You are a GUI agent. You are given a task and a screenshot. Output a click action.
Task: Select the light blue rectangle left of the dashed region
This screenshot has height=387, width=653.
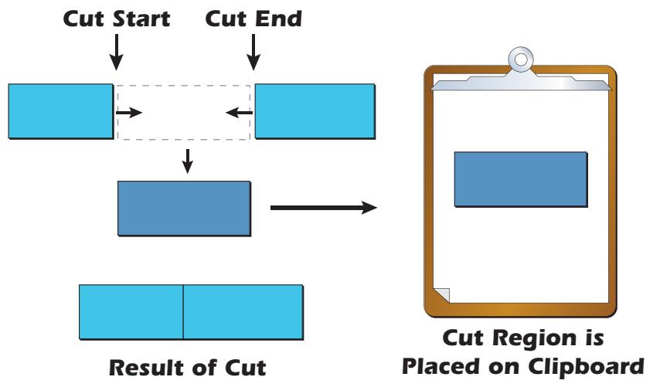[60, 111]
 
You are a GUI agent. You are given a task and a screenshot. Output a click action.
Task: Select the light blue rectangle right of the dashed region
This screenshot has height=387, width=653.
[315, 111]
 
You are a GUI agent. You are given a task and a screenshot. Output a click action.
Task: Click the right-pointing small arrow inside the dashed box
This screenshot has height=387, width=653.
[129, 113]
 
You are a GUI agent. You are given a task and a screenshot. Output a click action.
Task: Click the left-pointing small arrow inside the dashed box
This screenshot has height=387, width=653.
[239, 113]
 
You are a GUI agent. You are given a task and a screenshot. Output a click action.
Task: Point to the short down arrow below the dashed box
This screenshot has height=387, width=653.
[185, 161]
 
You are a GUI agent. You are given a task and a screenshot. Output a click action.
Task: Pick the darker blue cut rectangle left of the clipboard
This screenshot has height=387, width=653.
[184, 208]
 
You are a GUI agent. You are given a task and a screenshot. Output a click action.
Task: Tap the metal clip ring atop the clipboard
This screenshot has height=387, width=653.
[522, 59]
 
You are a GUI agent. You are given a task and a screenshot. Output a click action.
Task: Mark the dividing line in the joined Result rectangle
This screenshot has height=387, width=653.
[183, 311]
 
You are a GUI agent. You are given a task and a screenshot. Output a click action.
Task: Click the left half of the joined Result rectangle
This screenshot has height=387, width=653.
[131, 311]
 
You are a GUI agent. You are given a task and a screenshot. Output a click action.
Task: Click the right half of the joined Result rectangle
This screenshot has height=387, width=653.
[242, 311]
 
